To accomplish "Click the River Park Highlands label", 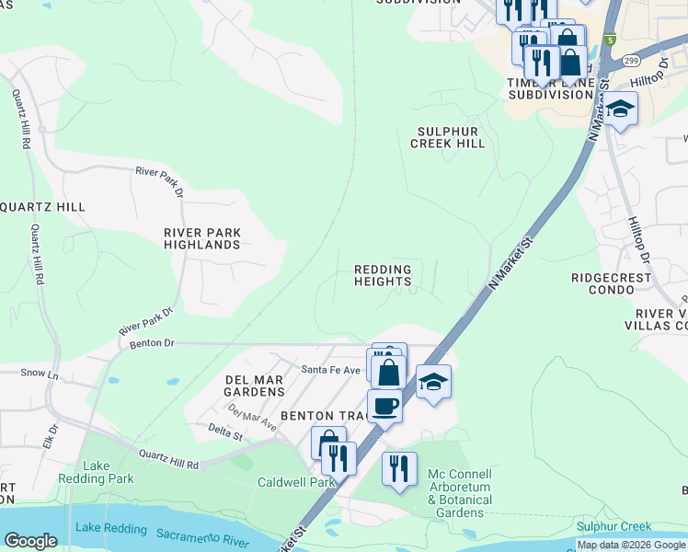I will click(202, 239).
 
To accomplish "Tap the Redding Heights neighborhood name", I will click(383, 276).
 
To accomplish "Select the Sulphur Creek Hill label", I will click(447, 138).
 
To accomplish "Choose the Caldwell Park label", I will click(296, 482).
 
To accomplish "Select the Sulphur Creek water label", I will click(613, 527).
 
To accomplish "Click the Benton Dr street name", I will click(153, 342).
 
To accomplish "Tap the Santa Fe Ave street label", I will click(331, 369).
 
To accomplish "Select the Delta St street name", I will click(224, 432).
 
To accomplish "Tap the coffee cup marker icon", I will click(384, 405).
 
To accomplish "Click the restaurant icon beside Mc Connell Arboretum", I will click(399, 468).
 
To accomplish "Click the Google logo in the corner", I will click(30, 541).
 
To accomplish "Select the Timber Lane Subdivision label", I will click(550, 88).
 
